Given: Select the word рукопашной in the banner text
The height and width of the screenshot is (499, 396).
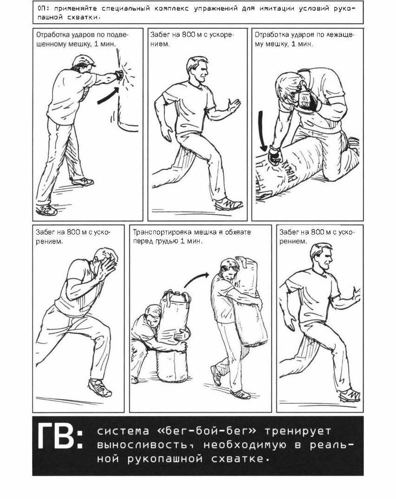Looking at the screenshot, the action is [x=165, y=459].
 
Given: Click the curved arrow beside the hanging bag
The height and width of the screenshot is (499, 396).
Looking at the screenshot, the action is [x=108, y=96].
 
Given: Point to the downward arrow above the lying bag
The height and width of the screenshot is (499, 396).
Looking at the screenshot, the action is [x=263, y=131].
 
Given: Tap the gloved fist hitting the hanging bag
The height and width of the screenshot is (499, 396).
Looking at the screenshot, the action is [x=119, y=75].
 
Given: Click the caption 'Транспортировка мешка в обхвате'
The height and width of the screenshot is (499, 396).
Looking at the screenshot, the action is [x=191, y=232].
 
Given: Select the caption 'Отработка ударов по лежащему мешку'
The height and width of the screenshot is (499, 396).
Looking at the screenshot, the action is [x=304, y=39].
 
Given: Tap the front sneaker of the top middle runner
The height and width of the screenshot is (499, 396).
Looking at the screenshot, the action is [x=228, y=204].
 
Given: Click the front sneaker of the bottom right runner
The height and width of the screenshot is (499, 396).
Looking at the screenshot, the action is [x=350, y=395].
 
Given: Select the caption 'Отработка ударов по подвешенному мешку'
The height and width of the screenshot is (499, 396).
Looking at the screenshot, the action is [x=82, y=39].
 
